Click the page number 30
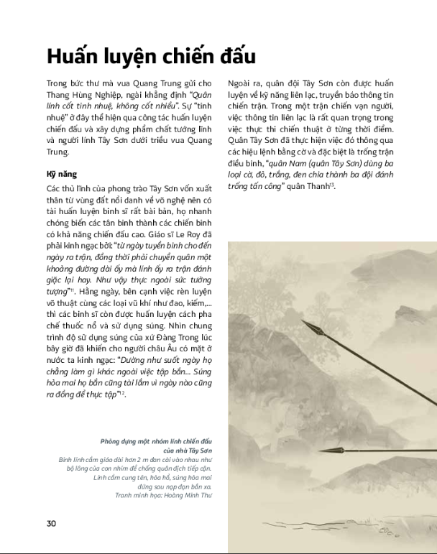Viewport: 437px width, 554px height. (51, 522)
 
